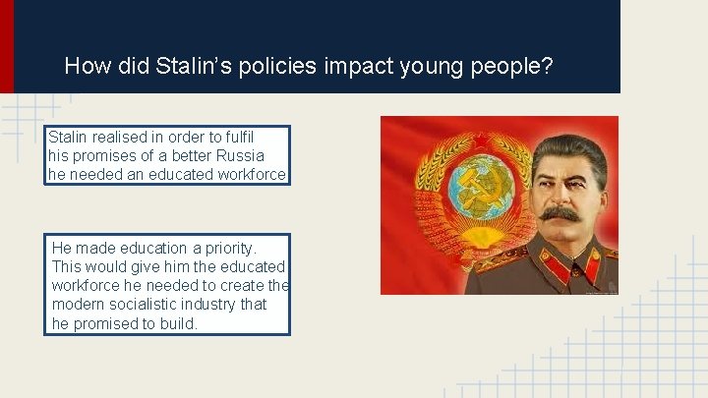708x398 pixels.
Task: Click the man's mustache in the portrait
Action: click(560, 212)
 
